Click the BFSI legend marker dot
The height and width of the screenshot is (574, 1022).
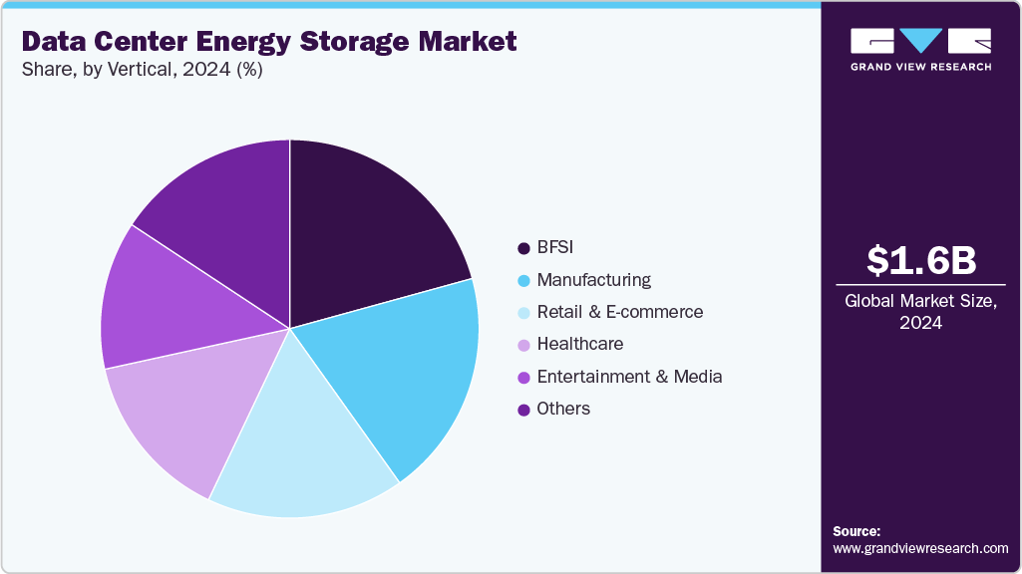[523, 248]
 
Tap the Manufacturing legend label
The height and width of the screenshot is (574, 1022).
[593, 280]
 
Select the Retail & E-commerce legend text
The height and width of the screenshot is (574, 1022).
[619, 312]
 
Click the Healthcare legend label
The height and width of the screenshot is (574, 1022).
[579, 344]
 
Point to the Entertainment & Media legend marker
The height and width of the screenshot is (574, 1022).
[523, 377]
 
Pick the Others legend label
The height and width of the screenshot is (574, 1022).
[563, 409]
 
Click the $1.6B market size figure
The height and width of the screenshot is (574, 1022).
[920, 260]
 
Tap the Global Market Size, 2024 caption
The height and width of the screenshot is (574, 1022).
[920, 311]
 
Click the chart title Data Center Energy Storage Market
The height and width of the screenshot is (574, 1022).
[269, 42]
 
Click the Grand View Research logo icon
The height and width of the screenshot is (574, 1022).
[920, 41]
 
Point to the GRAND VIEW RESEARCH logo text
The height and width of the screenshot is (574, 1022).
[920, 67]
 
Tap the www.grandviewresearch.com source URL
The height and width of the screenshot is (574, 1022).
[920, 548]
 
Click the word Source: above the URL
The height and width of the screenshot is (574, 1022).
[856, 531]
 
